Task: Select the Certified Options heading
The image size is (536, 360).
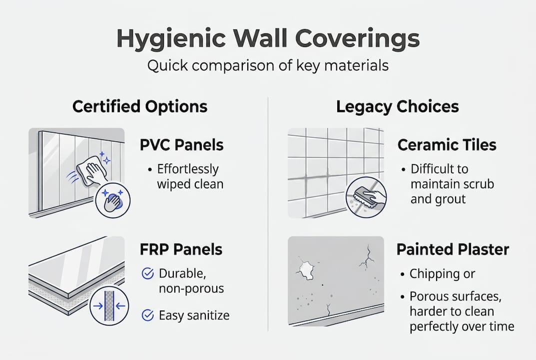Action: (x=140, y=106)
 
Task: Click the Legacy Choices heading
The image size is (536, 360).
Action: (x=397, y=106)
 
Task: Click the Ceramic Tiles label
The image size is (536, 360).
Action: (x=447, y=145)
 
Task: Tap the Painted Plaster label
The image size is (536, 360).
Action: (x=453, y=249)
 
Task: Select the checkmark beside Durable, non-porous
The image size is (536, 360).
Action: (x=148, y=273)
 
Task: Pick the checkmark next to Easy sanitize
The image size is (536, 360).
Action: (x=148, y=315)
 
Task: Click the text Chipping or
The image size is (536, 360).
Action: (x=442, y=274)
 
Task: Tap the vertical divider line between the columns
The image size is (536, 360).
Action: (x=268, y=215)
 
